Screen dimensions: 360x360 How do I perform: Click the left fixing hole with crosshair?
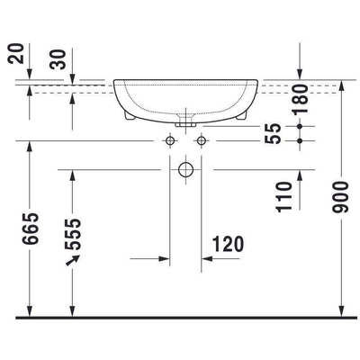point(168,141)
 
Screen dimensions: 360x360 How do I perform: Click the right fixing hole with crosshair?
point(202,141)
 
